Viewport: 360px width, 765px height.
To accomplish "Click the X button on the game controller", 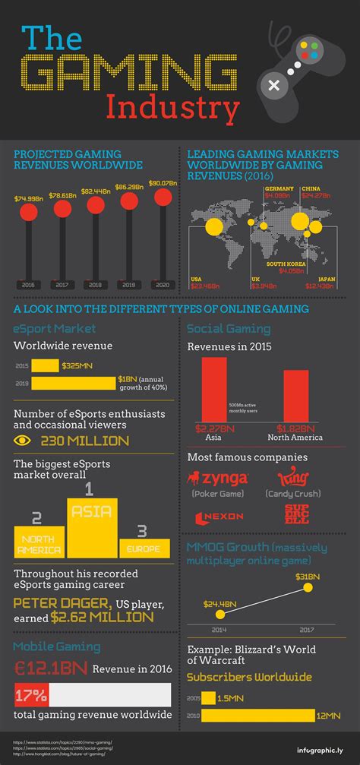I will [x=272, y=86].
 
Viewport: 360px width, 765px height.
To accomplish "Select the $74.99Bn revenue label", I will [x=27, y=199].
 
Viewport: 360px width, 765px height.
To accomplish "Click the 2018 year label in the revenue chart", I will [x=95, y=284].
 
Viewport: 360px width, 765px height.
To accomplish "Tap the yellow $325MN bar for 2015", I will [x=45, y=365].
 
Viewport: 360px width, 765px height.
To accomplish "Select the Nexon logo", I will [x=219, y=516].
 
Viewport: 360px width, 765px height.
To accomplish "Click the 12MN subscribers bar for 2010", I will [x=257, y=715].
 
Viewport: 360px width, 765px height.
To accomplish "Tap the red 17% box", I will [x=31, y=694].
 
